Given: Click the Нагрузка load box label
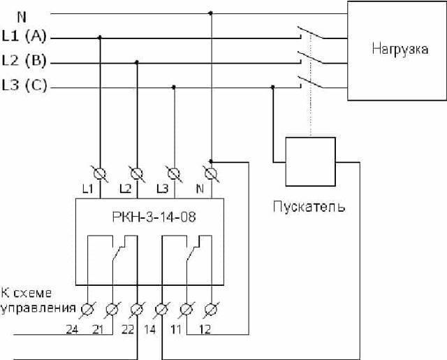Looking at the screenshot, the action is pos(400,49).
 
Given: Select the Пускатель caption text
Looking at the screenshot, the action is pos(309,206).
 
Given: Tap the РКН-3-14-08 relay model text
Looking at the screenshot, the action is pos(154,217).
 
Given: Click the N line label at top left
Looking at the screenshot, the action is pos(22,17).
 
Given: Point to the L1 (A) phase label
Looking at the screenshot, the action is pos(24,36).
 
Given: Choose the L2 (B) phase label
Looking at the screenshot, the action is pos(24,61).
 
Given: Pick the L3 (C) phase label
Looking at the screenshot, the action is pos(24,85).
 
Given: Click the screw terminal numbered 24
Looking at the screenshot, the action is pos(87,310).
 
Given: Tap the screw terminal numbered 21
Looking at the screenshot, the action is pos(112,310).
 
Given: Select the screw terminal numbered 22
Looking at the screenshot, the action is pos(137,310).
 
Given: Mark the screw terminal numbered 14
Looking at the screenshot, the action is pos(162,310).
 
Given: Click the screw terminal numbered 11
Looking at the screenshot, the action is pos(186,310).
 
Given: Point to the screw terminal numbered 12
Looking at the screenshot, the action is pos(212,310).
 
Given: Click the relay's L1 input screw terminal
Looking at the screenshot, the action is pos(100,174).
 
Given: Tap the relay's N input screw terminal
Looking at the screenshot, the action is pos(211,174).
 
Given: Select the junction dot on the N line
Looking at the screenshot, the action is pos(211,13).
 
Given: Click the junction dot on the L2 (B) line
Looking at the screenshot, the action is pos(137,62).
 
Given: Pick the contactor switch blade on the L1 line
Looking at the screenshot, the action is pos(310,33).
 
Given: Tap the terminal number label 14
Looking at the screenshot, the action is pos(150,329).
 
